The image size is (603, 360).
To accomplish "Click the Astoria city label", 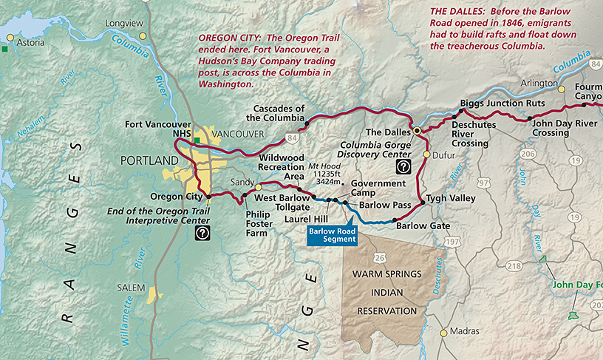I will [31, 43].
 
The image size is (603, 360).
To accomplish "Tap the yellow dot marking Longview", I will [144, 36].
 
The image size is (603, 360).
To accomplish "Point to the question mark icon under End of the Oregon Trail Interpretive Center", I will [201, 233].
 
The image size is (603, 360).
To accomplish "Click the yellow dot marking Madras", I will [443, 333].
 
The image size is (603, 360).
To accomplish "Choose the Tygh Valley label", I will [452, 200].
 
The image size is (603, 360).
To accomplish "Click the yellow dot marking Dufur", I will [426, 154].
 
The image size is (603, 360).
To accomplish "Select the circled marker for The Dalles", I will [417, 130].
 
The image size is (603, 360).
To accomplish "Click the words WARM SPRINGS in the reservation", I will [386, 274].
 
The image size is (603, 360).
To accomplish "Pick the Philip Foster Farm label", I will [260, 225].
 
